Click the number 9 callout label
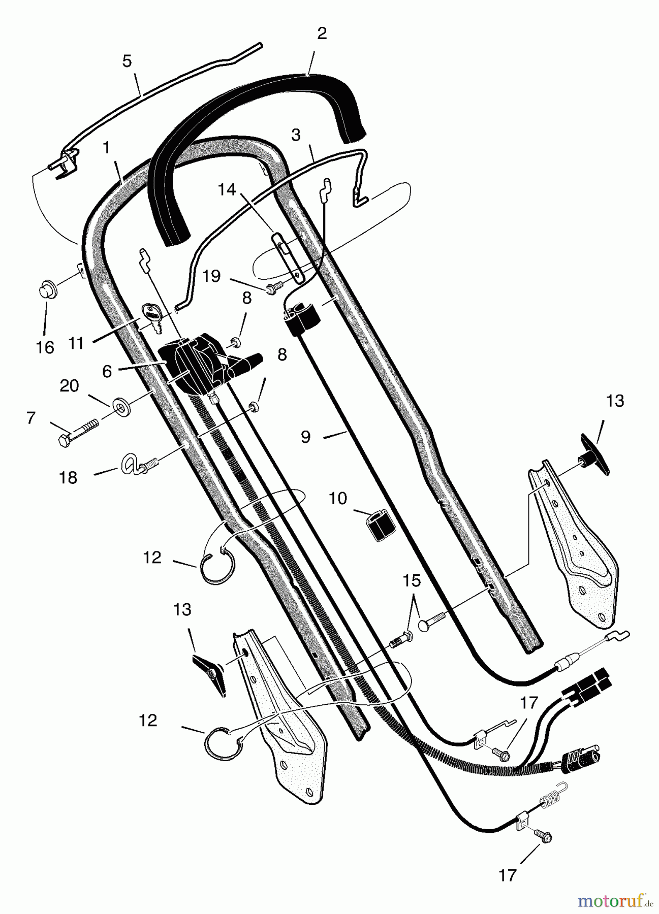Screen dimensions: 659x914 tap(305, 437)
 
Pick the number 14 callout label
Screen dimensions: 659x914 tap(227, 190)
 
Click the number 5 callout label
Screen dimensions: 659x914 tap(127, 61)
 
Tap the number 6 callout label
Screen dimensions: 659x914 tap(107, 371)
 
